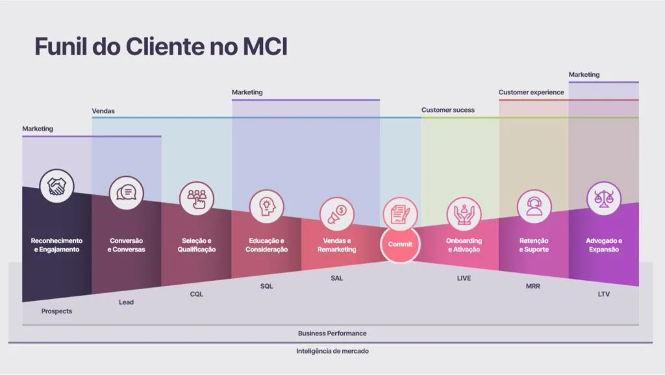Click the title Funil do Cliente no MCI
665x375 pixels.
(x=160, y=47)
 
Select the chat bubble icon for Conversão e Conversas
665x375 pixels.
(x=127, y=192)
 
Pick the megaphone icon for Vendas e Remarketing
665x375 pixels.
(x=337, y=214)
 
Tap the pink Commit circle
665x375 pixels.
(x=400, y=244)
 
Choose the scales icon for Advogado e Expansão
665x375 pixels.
(x=603, y=198)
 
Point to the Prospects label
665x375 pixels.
(x=56, y=311)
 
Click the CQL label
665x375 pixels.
(x=197, y=294)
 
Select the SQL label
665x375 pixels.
(x=267, y=286)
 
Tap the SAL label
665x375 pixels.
(x=337, y=278)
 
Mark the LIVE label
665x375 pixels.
(x=464, y=278)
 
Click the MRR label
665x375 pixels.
(x=534, y=286)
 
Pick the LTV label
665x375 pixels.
(x=603, y=294)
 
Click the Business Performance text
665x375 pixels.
(x=332, y=333)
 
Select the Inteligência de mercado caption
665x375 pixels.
(x=332, y=351)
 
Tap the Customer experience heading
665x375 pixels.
(x=531, y=92)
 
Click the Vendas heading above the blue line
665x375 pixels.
(x=103, y=111)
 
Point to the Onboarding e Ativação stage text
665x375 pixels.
(x=464, y=245)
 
